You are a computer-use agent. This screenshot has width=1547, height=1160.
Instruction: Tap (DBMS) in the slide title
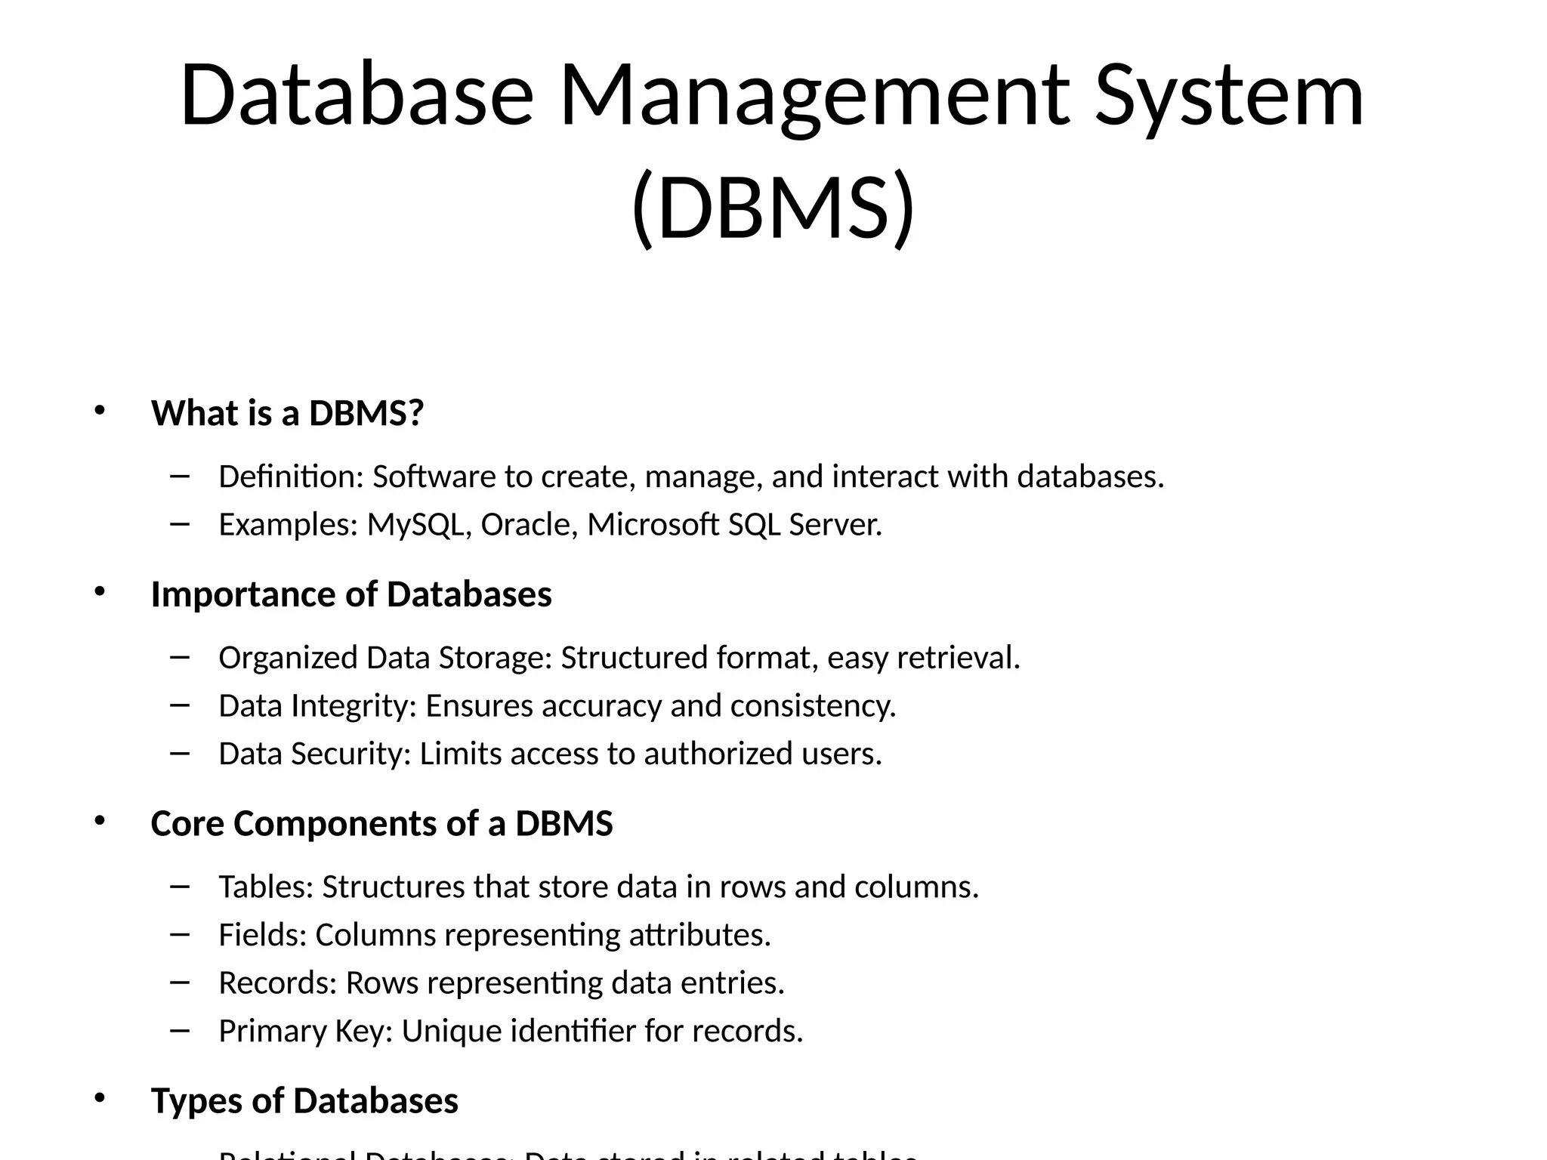[773, 208]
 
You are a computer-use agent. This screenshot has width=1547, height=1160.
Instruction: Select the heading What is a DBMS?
[287, 413]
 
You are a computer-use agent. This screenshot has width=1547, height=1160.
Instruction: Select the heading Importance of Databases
[351, 594]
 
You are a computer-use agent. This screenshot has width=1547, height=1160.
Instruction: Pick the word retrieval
[958, 658]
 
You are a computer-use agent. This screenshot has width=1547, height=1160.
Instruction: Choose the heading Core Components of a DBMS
[381, 823]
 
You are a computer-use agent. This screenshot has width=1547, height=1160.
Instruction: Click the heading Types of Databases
[304, 1100]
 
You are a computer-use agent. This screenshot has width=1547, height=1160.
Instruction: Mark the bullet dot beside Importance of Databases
[99, 592]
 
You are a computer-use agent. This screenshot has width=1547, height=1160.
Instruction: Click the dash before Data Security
[180, 752]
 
